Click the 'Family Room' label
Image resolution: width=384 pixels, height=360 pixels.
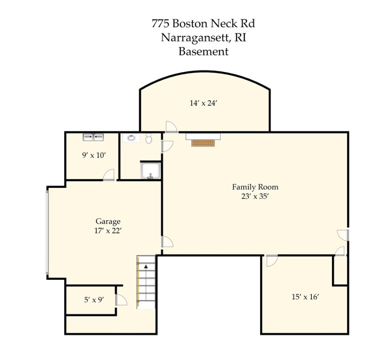point(255,187)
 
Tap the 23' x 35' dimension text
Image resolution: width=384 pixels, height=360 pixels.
point(255,197)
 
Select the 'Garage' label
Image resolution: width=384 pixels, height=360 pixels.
point(108,221)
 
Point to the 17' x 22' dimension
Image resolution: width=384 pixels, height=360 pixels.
point(108,231)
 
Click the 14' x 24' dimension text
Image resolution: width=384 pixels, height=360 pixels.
point(203,103)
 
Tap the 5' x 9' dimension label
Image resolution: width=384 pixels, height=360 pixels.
point(94,300)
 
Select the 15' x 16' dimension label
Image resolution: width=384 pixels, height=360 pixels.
point(305,297)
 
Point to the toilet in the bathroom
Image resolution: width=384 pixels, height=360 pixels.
point(149,138)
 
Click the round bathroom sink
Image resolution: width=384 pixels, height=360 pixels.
point(130,138)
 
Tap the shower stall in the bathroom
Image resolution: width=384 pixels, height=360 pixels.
point(151,171)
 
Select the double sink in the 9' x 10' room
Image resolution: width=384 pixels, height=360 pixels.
point(93,137)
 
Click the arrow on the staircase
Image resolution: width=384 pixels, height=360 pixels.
point(146,266)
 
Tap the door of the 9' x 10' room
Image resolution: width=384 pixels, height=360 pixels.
point(109,175)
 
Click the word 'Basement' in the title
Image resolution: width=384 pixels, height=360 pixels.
point(203,52)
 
